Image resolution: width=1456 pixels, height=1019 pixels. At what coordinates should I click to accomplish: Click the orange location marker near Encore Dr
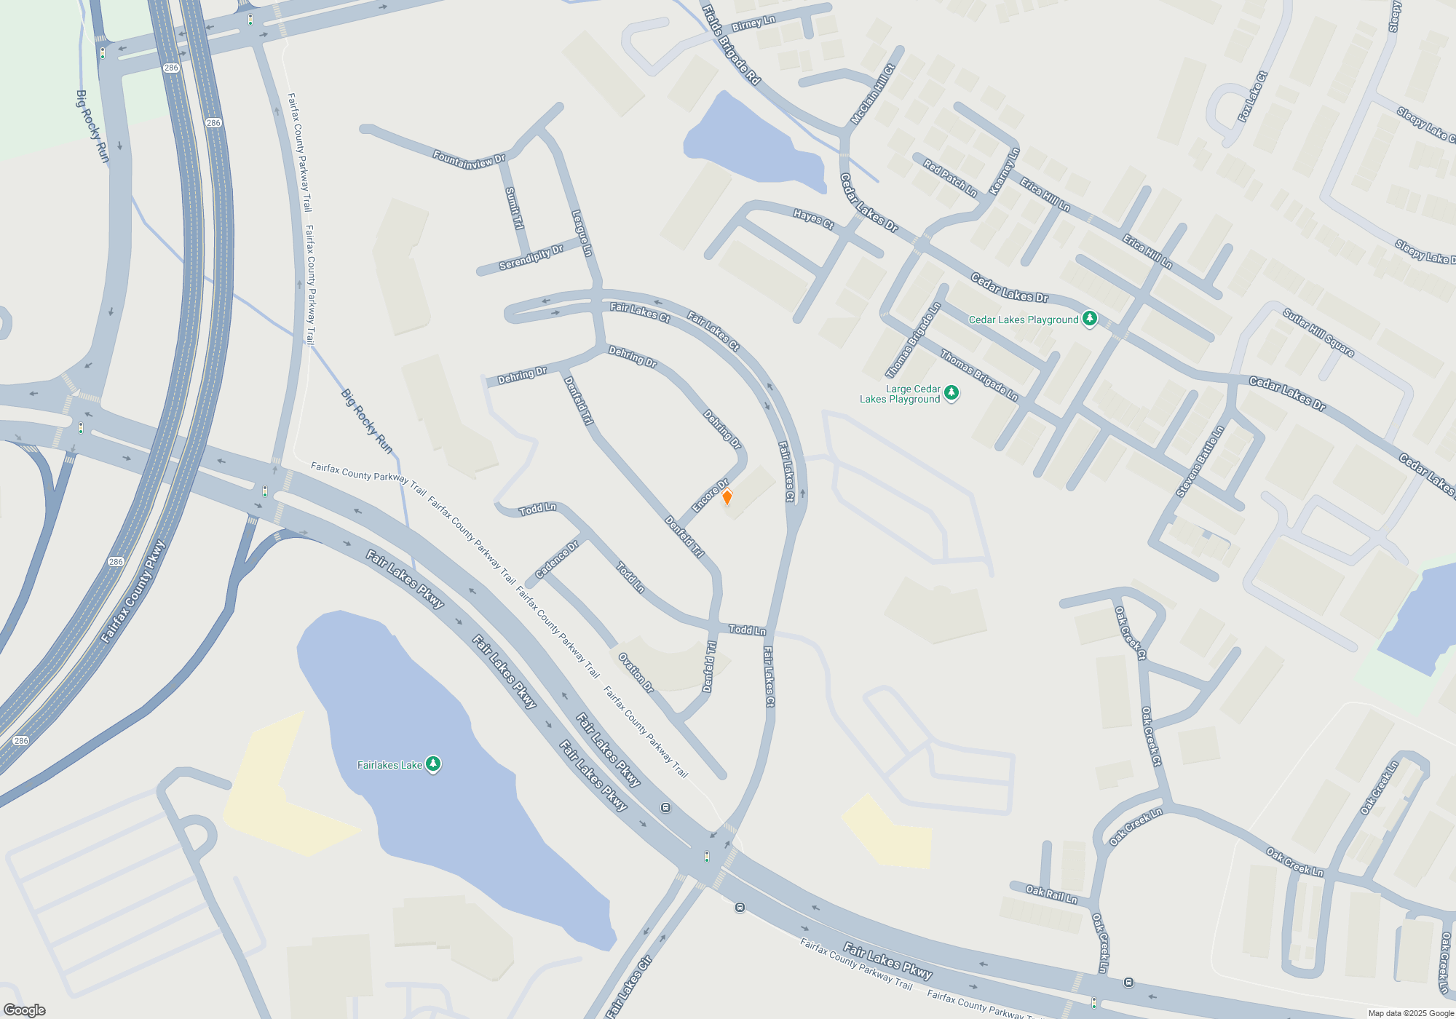click(x=727, y=497)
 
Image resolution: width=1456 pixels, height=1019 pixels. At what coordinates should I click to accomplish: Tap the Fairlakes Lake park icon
click(x=433, y=764)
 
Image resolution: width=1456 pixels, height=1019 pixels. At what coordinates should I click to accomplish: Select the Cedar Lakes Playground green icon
click(x=1089, y=319)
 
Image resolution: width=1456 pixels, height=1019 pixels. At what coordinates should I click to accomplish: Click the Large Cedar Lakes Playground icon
click(x=951, y=394)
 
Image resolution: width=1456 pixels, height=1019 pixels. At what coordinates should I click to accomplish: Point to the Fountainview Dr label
click(x=469, y=159)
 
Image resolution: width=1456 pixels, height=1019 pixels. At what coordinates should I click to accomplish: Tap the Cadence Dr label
click(x=557, y=560)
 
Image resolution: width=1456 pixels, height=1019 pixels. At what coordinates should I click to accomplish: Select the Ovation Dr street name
click(x=636, y=673)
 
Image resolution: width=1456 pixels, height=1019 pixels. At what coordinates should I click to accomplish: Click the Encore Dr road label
click(x=710, y=496)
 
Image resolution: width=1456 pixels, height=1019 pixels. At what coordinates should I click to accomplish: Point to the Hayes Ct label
click(x=813, y=219)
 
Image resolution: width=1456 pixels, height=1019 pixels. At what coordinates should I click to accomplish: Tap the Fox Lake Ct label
click(x=1252, y=97)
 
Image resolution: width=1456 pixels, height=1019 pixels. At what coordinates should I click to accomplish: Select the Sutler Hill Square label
click(x=1318, y=333)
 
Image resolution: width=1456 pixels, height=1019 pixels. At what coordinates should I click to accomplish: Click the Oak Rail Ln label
click(x=1051, y=894)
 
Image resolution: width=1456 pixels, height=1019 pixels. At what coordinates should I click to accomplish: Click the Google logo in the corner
click(x=25, y=1010)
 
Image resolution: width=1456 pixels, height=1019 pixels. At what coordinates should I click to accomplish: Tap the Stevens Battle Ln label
click(x=1200, y=461)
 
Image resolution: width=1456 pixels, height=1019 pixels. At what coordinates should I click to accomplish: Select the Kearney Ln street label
click(x=1005, y=172)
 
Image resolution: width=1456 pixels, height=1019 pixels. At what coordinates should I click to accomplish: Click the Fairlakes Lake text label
click(x=389, y=765)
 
